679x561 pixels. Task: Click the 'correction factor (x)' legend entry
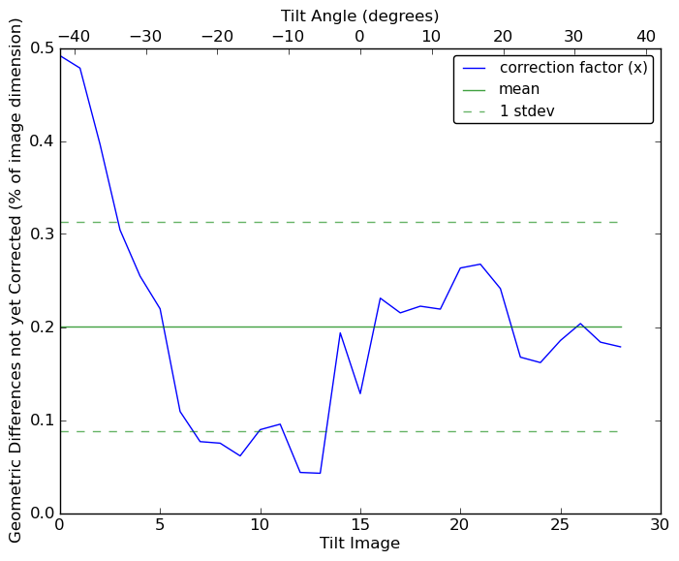(573, 68)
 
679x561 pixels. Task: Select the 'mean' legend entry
(519, 89)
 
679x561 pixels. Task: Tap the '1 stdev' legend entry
(527, 111)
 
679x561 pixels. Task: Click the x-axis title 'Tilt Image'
(359, 544)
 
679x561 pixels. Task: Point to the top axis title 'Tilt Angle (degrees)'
(359, 16)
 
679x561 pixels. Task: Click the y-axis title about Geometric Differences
(15, 280)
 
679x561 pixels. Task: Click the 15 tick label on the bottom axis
(360, 524)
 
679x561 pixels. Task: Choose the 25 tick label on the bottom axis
(561, 524)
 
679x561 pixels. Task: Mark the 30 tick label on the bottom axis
(661, 524)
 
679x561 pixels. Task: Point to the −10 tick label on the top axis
(288, 37)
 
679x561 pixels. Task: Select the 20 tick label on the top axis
(503, 37)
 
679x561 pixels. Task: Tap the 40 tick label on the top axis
(646, 37)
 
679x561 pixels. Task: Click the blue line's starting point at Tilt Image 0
(60, 55)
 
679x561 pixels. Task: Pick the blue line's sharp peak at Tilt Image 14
(340, 333)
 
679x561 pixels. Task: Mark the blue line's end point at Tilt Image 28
(621, 347)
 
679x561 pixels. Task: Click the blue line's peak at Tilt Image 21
(480, 264)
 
